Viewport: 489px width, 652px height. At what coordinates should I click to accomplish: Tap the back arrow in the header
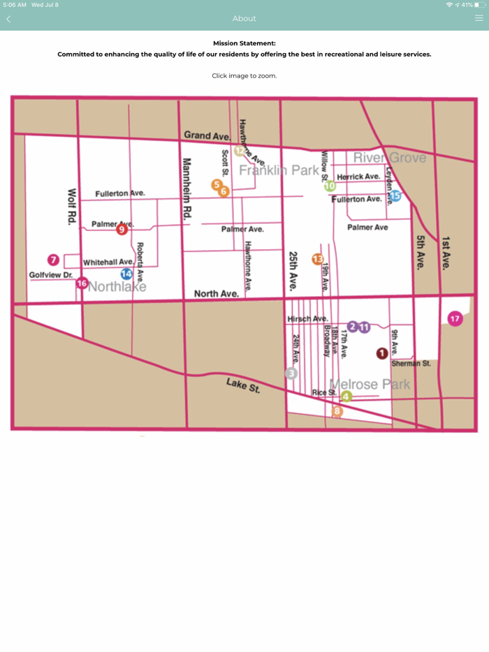[x=8, y=19]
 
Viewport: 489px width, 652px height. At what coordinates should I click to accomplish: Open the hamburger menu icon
[x=479, y=19]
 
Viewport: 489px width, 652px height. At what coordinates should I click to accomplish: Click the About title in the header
[x=244, y=19]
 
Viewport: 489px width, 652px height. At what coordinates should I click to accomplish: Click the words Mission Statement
[x=244, y=43]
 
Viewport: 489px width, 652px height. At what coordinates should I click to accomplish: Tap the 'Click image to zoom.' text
[x=244, y=75]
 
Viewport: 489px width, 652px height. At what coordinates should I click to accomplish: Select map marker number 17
[x=455, y=319]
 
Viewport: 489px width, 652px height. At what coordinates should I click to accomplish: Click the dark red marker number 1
[x=382, y=353]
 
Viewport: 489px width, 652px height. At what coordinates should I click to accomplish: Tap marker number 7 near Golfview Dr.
[x=52, y=260]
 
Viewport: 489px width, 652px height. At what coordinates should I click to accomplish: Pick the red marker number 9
[x=122, y=229]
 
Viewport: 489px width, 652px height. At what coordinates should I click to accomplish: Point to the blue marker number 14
[x=126, y=274]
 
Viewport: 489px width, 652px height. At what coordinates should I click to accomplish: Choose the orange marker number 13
[x=318, y=259]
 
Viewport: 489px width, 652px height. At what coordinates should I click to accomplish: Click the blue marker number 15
[x=395, y=196]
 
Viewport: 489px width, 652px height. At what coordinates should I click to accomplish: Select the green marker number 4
[x=346, y=397]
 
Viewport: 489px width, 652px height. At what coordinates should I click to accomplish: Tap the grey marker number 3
[x=292, y=373]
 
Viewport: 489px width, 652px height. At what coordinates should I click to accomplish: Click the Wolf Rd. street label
[x=71, y=206]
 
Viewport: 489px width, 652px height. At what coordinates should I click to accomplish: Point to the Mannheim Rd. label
[x=187, y=188]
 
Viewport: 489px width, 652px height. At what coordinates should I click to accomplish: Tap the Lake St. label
[x=242, y=385]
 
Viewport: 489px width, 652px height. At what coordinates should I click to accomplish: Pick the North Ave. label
[x=216, y=294]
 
